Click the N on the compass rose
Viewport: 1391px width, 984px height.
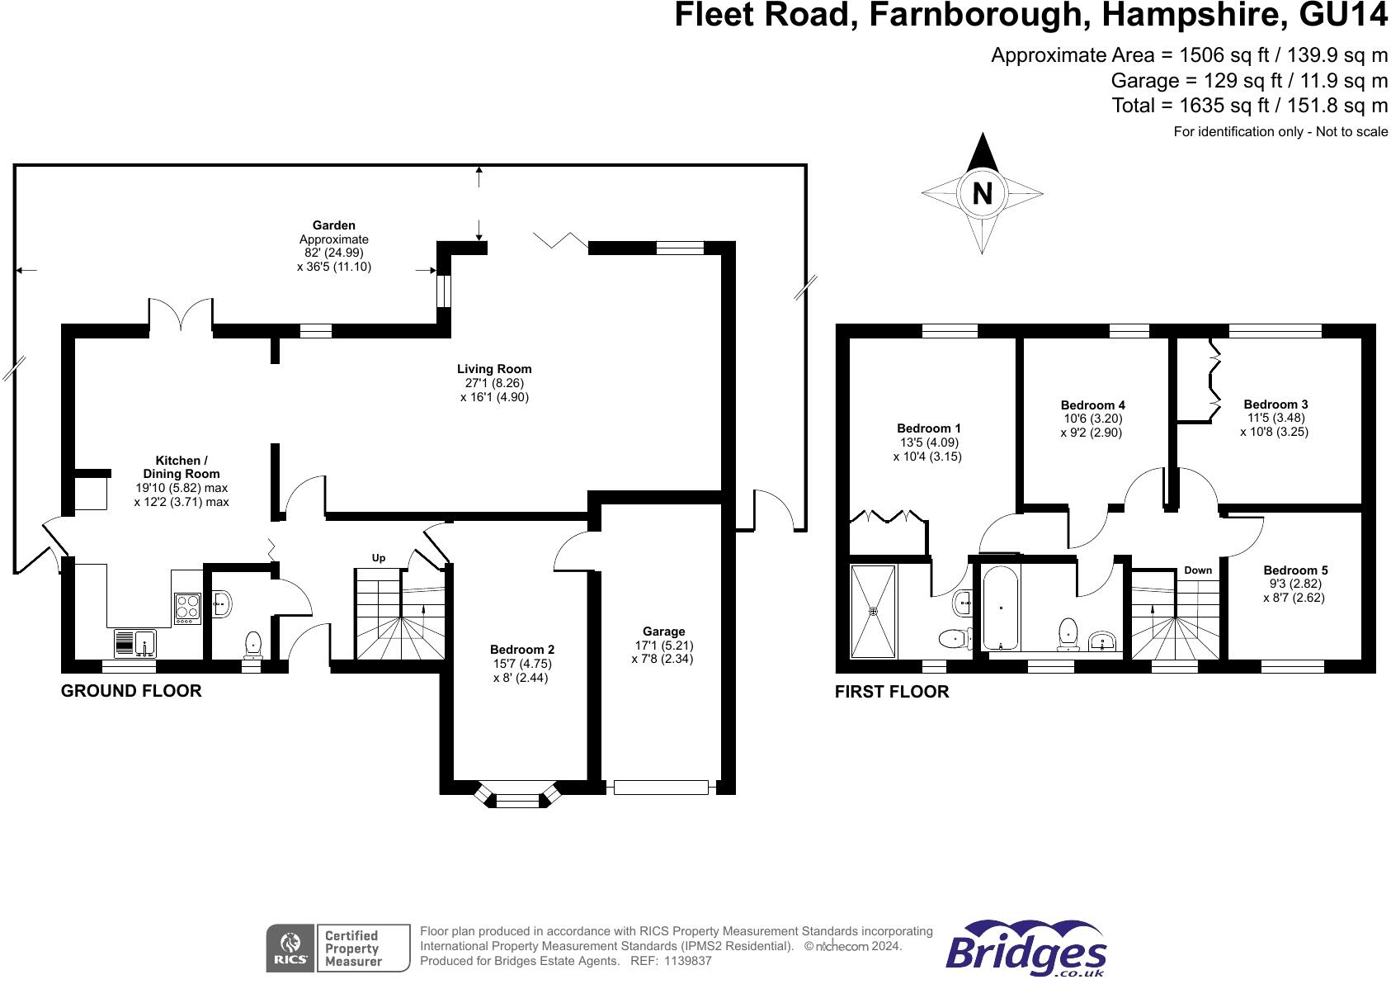pos(982,194)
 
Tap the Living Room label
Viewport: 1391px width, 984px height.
pos(494,369)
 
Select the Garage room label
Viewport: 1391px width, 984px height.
pos(663,632)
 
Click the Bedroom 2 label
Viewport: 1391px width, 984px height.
pos(521,650)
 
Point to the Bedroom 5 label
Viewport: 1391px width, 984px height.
pos(1295,570)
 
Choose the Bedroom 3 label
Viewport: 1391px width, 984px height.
pos(1275,404)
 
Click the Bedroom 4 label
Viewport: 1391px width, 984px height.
pos(1092,405)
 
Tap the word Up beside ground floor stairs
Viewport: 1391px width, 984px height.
pos(379,558)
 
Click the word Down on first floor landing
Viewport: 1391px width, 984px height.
pos(1198,570)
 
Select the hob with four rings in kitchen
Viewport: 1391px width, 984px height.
pos(187,609)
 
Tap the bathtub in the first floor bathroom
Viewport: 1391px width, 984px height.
pos(1001,608)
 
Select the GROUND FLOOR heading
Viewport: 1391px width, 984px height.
pos(131,691)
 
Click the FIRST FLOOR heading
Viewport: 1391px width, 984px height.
pos(892,692)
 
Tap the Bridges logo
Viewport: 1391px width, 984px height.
pos(1026,951)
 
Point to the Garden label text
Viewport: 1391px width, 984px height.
pos(333,225)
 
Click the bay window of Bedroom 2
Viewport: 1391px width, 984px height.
pos(517,797)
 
